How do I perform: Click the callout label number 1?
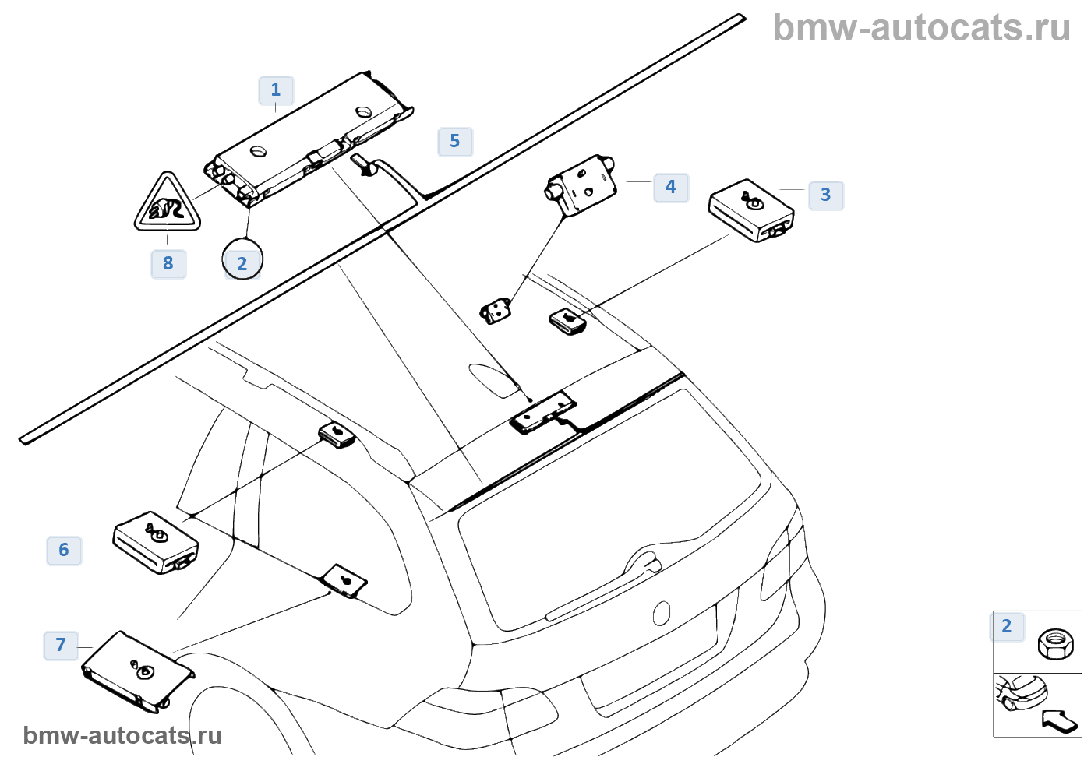tap(276, 90)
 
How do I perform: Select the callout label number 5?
tap(455, 142)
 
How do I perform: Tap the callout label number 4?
tap(670, 187)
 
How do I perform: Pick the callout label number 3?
tap(826, 195)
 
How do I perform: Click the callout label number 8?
tap(168, 263)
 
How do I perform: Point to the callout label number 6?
tap(64, 550)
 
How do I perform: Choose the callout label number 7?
tap(61, 645)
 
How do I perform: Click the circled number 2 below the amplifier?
tap(242, 262)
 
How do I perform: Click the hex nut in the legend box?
tap(1055, 643)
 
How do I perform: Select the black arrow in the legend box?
tap(1060, 721)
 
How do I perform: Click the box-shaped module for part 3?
tap(750, 210)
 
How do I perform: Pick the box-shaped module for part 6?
tap(156, 542)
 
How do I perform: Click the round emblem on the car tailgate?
tap(662, 613)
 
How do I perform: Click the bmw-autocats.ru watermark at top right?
tap(921, 28)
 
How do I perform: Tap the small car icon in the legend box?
tap(1021, 692)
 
